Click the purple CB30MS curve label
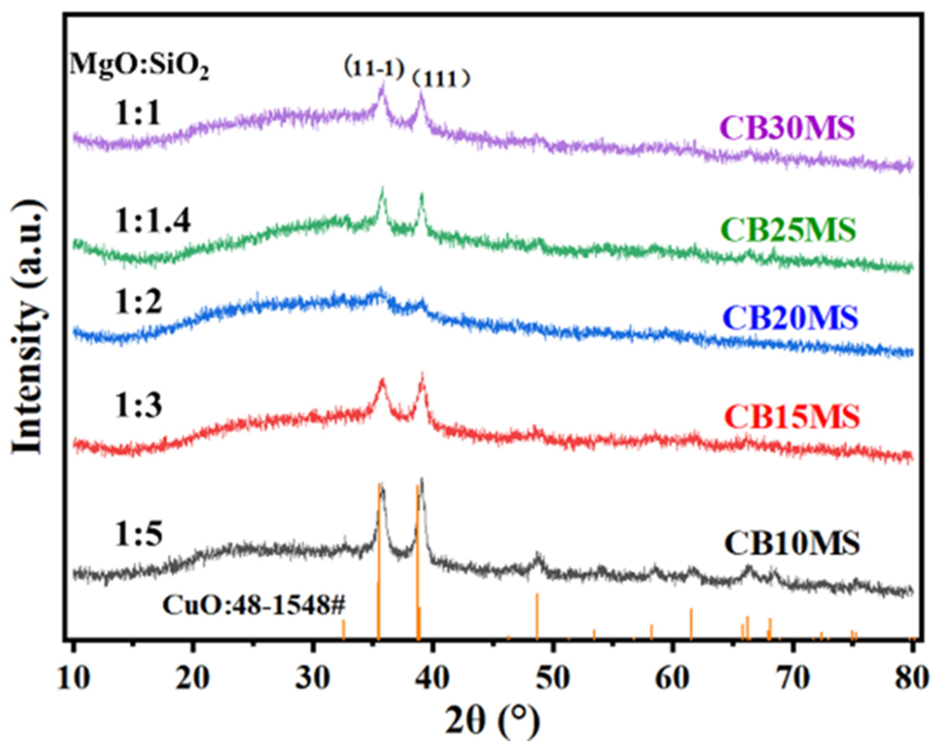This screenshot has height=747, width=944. pos(787,128)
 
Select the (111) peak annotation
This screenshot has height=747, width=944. pos(441,79)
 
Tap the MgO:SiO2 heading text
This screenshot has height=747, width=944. pos(139,67)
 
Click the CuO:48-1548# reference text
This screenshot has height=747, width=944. pos(254,606)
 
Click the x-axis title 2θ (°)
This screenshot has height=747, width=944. pos(492,721)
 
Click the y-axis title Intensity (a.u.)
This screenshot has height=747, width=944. pos(30,327)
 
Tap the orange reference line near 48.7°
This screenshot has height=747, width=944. pos(537,617)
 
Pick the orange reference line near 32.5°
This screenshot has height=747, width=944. pos(343,630)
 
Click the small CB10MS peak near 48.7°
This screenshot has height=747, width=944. pos(538,560)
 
